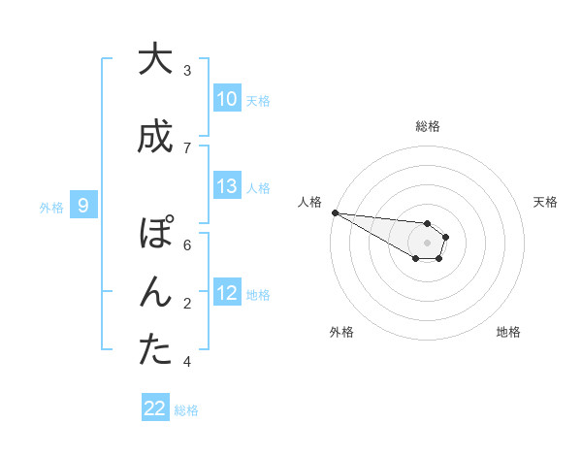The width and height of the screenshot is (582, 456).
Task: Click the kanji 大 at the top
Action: pos(149,59)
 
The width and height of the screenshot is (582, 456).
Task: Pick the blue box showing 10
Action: pos(227,99)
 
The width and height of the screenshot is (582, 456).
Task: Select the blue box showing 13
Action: pos(227,186)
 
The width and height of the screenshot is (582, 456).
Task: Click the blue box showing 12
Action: pos(227,293)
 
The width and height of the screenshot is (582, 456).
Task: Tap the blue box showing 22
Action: pos(155,408)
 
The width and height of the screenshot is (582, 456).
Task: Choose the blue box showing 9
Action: pos(83,205)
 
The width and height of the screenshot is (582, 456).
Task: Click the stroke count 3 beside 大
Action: pos(187,71)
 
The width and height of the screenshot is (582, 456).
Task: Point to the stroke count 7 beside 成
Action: pos(187,147)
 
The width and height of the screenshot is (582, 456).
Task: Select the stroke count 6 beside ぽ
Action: pos(187,245)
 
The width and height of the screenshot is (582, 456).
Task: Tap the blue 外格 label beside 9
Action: pos(51,207)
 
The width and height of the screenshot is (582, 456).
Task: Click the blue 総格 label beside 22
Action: pos(186,410)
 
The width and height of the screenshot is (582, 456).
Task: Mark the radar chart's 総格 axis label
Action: pos(428,126)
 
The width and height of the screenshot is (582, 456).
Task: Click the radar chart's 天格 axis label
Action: pos(545,202)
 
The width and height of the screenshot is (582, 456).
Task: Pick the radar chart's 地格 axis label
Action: pos(508,332)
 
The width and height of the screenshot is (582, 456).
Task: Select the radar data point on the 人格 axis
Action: pos(335,212)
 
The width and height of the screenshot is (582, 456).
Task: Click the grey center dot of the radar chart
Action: pos(427,242)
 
